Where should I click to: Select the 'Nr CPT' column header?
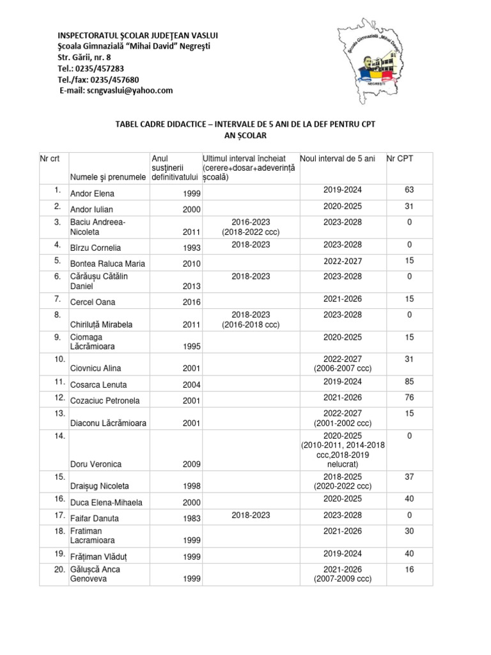[x=400, y=158]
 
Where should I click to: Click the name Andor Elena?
[x=91, y=194]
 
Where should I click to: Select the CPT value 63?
[x=409, y=189]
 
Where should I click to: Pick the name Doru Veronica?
[x=96, y=464]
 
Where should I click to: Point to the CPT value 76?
[x=409, y=397]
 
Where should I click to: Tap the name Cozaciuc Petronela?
[x=105, y=401]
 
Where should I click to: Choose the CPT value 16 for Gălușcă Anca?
[x=409, y=569]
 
